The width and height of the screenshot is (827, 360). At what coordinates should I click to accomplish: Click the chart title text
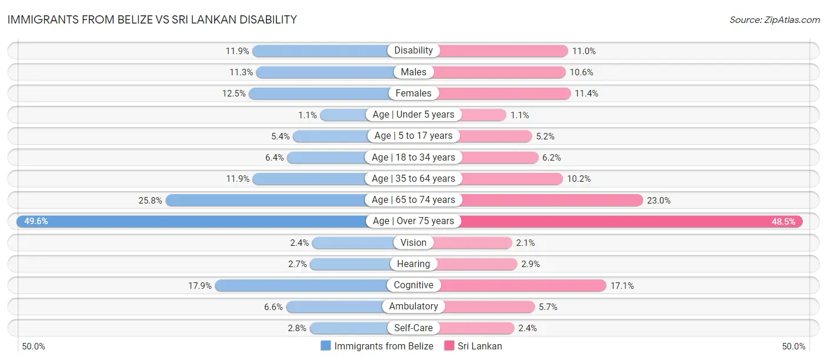(x=152, y=19)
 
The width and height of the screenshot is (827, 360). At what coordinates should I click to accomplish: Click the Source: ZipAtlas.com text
(x=774, y=19)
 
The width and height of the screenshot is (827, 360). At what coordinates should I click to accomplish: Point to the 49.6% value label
(x=36, y=221)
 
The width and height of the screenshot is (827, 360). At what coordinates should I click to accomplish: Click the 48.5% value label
(x=783, y=221)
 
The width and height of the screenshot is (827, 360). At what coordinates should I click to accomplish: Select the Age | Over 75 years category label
(x=413, y=221)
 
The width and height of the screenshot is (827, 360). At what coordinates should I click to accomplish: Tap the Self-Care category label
(x=413, y=328)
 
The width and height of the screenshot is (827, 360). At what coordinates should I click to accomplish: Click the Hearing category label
(x=413, y=264)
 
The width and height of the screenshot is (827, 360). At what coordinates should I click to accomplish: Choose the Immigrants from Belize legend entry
(x=377, y=346)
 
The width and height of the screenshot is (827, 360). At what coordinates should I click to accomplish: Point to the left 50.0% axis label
(x=34, y=346)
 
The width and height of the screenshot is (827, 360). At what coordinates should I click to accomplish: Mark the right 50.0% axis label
(x=793, y=346)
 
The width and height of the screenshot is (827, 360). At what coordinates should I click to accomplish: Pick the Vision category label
(x=413, y=242)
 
